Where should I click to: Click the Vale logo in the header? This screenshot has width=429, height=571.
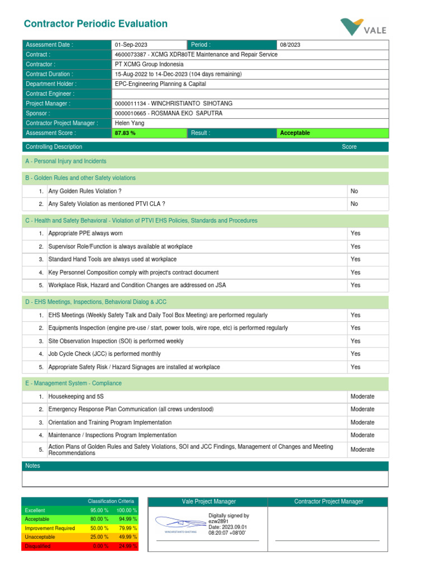tap(363, 27)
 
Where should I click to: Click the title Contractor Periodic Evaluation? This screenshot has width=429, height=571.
tap(96, 24)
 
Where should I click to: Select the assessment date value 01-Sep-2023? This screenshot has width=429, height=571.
tap(131, 45)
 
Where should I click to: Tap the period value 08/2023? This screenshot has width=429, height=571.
tap(290, 45)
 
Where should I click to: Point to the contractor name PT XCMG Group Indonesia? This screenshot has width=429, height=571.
tap(149, 64)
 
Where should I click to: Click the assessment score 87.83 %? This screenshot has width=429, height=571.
tap(125, 133)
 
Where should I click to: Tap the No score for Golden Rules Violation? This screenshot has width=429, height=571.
tap(354, 191)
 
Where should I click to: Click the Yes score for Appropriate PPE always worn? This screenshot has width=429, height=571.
tap(355, 234)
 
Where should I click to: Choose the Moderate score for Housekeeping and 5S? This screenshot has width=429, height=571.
tap(363, 396)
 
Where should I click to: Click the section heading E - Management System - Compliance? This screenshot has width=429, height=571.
tap(73, 384)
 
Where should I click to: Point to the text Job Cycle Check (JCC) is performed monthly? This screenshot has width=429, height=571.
tap(104, 354)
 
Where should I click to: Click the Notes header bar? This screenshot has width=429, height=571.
tap(204, 466)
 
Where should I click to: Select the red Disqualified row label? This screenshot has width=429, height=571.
tap(37, 546)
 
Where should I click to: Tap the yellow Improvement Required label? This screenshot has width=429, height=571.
tap(50, 528)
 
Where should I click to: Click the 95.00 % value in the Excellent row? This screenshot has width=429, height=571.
tap(99, 510)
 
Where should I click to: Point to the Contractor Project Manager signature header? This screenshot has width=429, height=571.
tap(328, 502)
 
